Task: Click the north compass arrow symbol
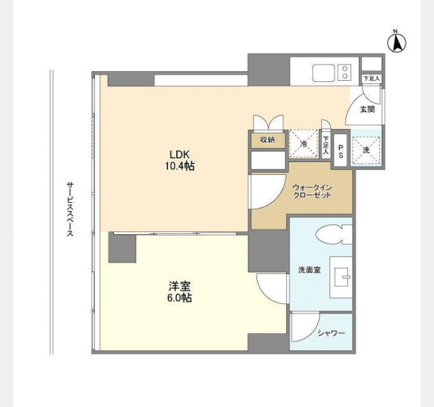click(396, 43)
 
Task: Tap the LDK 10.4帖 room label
click(180, 160)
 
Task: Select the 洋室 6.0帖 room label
click(180, 292)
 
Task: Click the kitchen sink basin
click(323, 73)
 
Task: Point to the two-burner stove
click(344, 73)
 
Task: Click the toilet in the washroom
click(334, 234)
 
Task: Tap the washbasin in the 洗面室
click(341, 277)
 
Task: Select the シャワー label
click(331, 333)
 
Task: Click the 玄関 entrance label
click(368, 109)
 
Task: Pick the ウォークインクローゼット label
click(312, 191)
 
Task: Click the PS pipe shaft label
click(340, 151)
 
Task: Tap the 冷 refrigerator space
click(304, 144)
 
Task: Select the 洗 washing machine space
click(366, 151)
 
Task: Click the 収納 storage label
click(267, 140)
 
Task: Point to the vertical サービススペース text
click(70, 209)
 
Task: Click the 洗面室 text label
click(309, 270)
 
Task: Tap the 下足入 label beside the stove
click(372, 79)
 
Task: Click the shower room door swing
click(306, 327)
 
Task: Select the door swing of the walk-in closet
click(268, 191)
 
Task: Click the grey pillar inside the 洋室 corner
click(122, 248)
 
